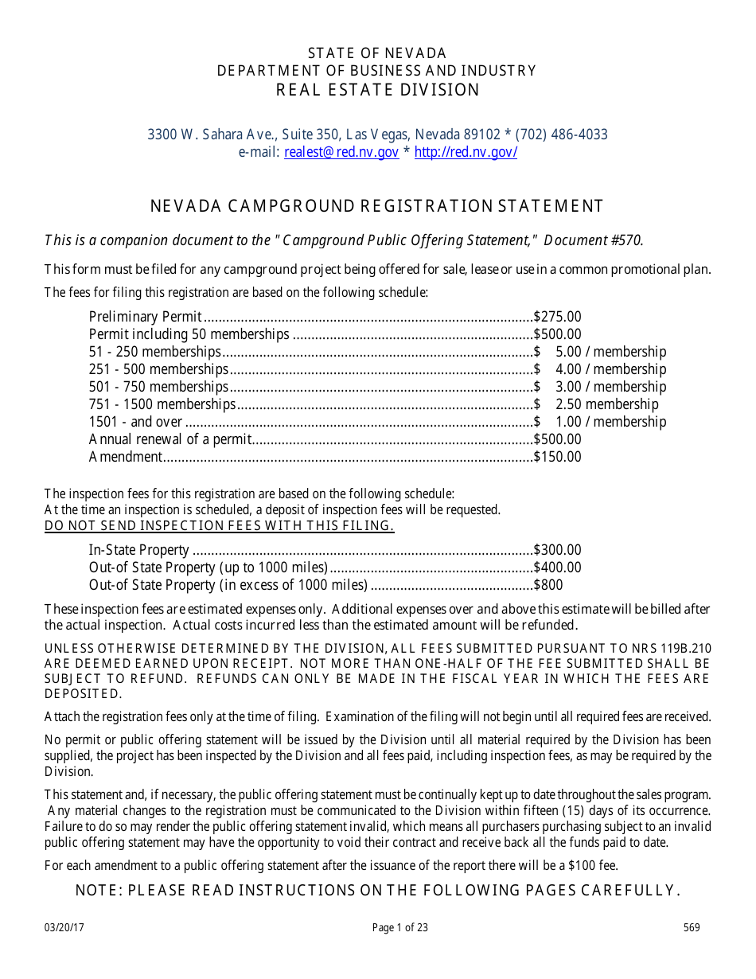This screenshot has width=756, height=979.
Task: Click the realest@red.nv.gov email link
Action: point(341,153)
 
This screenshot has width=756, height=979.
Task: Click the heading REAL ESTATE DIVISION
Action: point(378,90)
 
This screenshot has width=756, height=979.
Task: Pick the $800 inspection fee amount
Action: point(548,585)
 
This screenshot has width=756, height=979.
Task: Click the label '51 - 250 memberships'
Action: point(155,352)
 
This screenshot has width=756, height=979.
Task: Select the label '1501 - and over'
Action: point(136,422)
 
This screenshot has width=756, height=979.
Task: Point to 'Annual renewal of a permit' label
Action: point(170,439)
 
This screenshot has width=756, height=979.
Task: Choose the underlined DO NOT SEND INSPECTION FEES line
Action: point(219,525)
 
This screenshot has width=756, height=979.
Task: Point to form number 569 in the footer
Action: point(692,927)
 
